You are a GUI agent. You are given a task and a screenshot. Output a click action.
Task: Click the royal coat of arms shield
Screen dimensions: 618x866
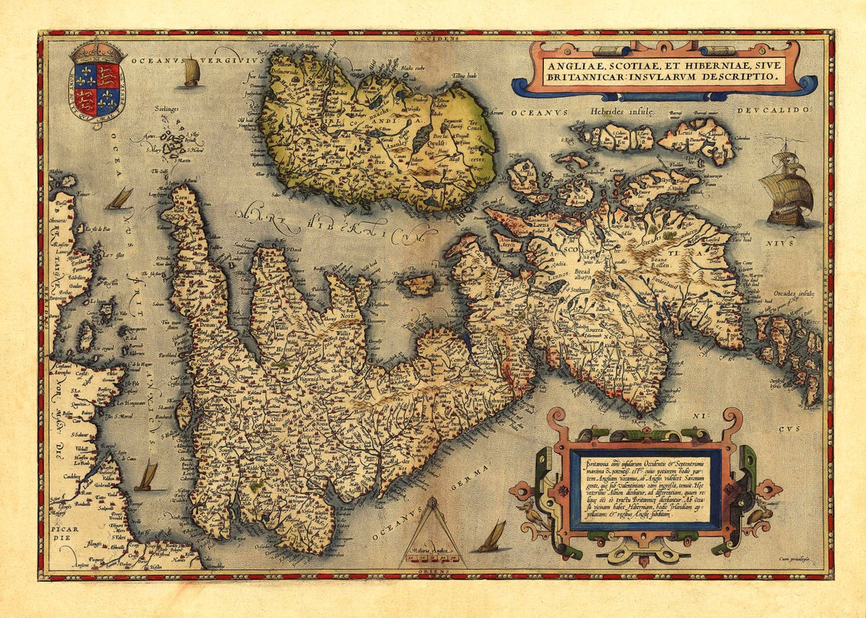tap(97, 86)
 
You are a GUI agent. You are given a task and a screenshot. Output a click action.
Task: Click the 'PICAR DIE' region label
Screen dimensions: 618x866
tap(67, 532)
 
